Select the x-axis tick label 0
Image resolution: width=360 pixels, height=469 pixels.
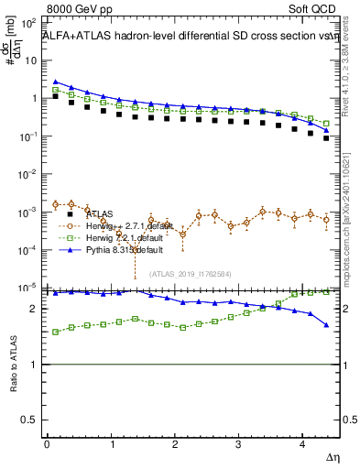point(46,443)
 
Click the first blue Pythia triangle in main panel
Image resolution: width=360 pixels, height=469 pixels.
point(56,82)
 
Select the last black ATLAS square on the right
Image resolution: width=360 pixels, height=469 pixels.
point(326,138)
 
